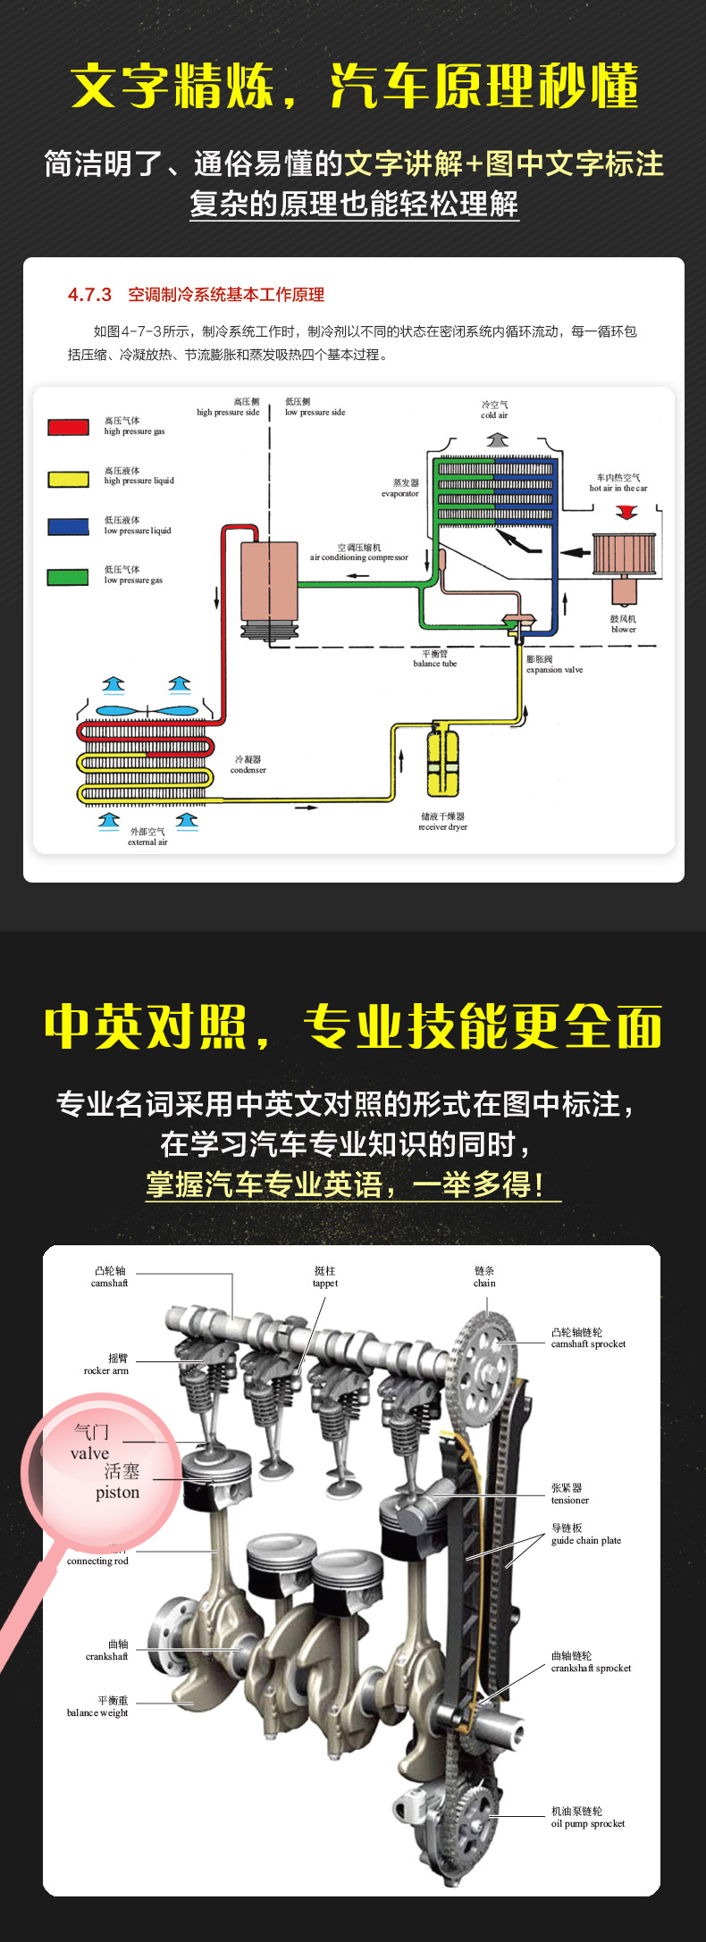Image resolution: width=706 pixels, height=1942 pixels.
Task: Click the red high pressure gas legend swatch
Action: pos(68,427)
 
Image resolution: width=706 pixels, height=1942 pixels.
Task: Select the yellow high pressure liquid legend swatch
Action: pos(68,479)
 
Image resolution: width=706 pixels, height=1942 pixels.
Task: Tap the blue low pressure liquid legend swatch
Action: pos(68,527)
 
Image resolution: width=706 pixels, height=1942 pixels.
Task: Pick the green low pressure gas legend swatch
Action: pos(68,577)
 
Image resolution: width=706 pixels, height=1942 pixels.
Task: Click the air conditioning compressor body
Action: pos(269,581)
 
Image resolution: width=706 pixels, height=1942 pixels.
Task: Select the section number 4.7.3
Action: pos(89,295)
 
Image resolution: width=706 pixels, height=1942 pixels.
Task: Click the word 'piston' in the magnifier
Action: pos(118,1493)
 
